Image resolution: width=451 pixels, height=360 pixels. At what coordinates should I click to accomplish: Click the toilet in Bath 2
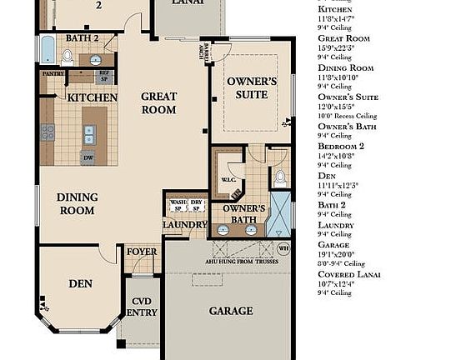(68, 57)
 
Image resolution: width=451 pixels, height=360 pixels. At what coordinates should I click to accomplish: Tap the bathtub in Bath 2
(47, 51)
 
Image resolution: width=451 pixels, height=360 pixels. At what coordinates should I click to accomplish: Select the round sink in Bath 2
(97, 60)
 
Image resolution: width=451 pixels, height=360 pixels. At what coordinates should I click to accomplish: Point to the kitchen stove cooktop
(48, 132)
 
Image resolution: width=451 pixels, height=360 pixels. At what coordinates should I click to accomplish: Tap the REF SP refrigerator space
(105, 75)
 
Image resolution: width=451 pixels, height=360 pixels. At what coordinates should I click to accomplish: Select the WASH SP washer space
(177, 206)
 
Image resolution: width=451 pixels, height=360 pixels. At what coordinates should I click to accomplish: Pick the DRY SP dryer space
(197, 206)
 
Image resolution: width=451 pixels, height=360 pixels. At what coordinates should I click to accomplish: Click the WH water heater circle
(283, 247)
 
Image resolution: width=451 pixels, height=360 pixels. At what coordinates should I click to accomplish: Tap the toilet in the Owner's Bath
(280, 177)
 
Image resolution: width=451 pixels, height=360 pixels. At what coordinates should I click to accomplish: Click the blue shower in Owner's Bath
(283, 213)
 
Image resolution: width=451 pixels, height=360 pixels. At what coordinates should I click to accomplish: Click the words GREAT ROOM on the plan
(158, 103)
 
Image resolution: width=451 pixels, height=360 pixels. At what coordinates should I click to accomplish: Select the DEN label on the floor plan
(80, 284)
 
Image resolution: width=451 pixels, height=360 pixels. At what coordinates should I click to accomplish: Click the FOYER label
(141, 252)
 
